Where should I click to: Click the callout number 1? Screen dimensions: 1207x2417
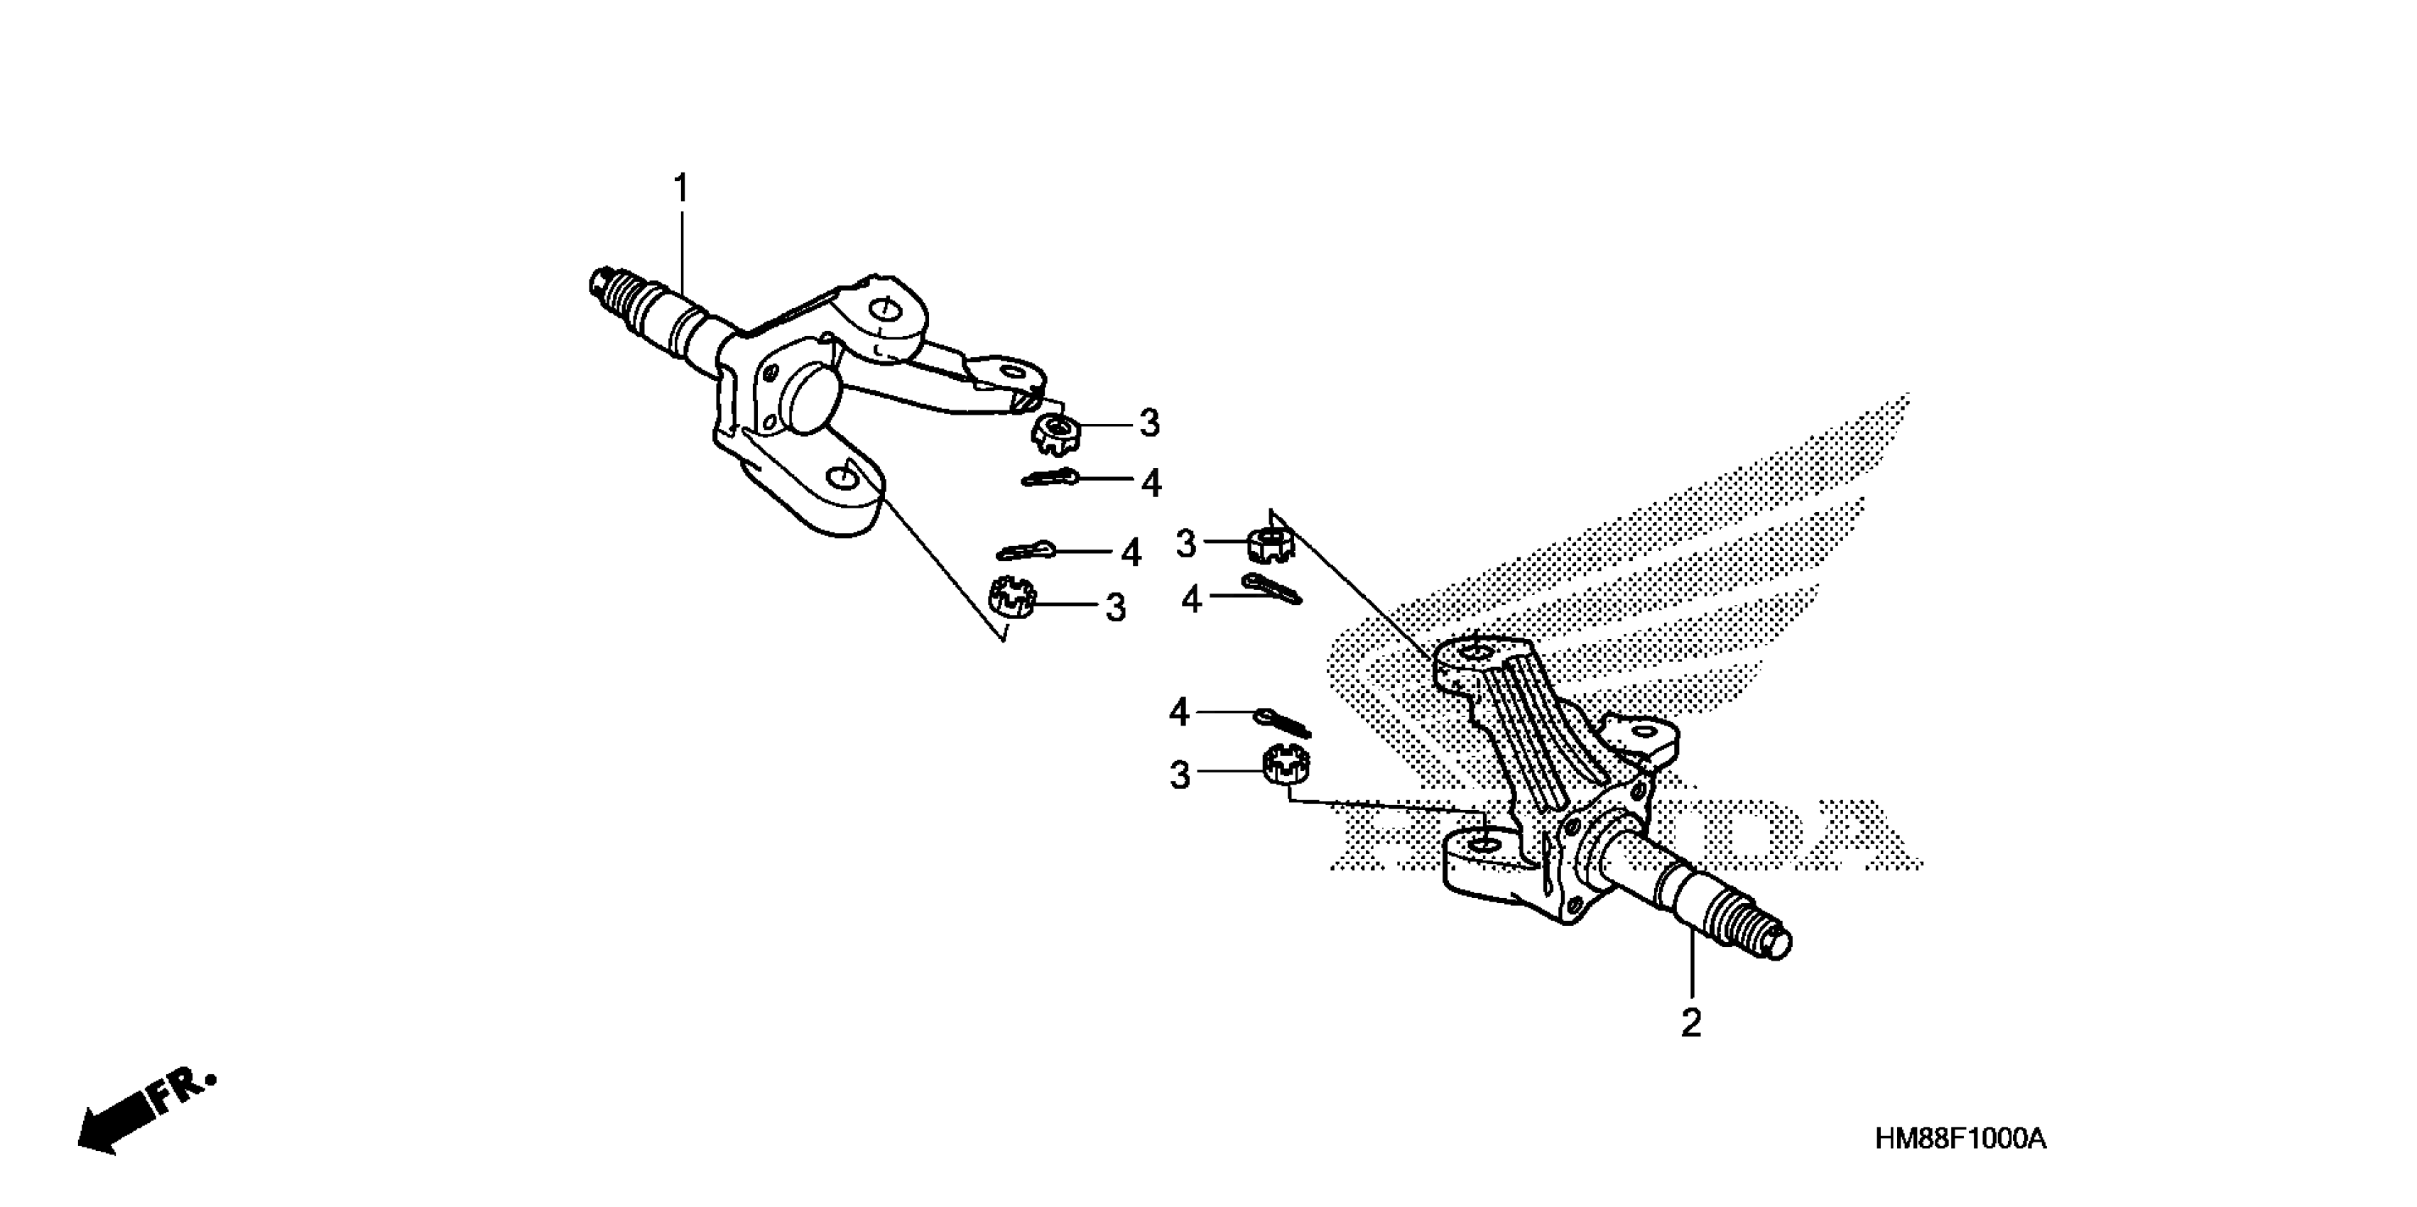pos(681,189)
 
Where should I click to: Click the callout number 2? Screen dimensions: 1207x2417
pos(1691,1023)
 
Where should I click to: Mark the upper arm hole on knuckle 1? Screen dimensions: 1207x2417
pos(882,310)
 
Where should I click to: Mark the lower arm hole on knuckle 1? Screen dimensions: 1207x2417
pos(842,479)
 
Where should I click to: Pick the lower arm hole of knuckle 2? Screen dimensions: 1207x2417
pos(1482,847)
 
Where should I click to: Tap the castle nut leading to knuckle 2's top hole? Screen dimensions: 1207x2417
pos(1271,543)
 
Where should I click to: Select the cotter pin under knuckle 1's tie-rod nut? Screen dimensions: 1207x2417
pos(1051,479)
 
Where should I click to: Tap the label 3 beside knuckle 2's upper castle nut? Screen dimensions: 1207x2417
pos(1186,543)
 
